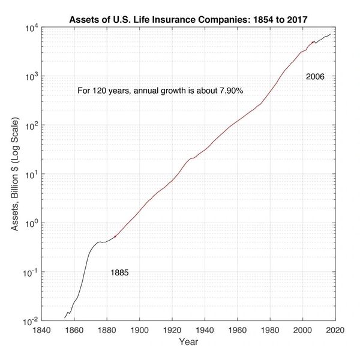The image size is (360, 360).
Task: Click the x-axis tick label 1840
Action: pyautogui.click(x=41, y=329)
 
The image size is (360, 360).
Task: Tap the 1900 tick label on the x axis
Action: pyautogui.click(x=140, y=329)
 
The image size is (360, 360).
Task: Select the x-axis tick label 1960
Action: pyautogui.click(x=238, y=329)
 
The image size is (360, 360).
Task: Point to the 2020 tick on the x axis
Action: pyautogui.click(x=335, y=329)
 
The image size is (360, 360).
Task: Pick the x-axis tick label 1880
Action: pyautogui.click(x=107, y=329)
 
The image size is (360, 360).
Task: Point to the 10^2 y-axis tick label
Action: pyautogui.click(x=32, y=125)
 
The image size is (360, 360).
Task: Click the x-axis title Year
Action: pyautogui.click(x=188, y=342)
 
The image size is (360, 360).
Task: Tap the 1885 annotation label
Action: pyautogui.click(x=119, y=273)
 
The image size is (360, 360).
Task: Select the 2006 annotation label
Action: pyautogui.click(x=316, y=77)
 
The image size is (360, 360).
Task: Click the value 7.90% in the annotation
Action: pyautogui.click(x=236, y=91)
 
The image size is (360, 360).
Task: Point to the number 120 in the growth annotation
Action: pyautogui.click(x=98, y=91)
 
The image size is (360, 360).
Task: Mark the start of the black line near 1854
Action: pyautogui.click(x=65, y=317)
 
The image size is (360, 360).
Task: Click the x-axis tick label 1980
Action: pyautogui.click(x=270, y=329)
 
